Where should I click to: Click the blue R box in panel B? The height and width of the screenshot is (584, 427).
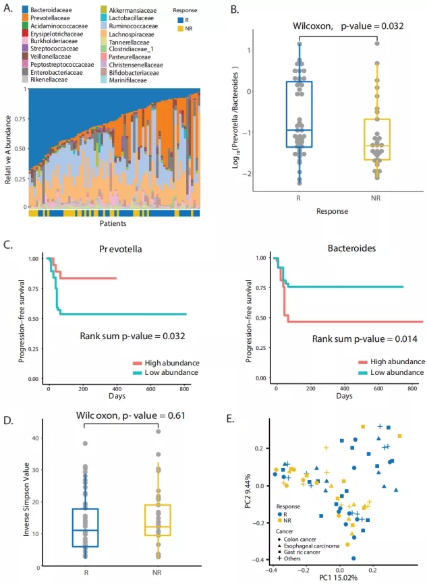(299, 114)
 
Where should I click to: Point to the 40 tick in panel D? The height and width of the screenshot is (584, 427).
(42, 438)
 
